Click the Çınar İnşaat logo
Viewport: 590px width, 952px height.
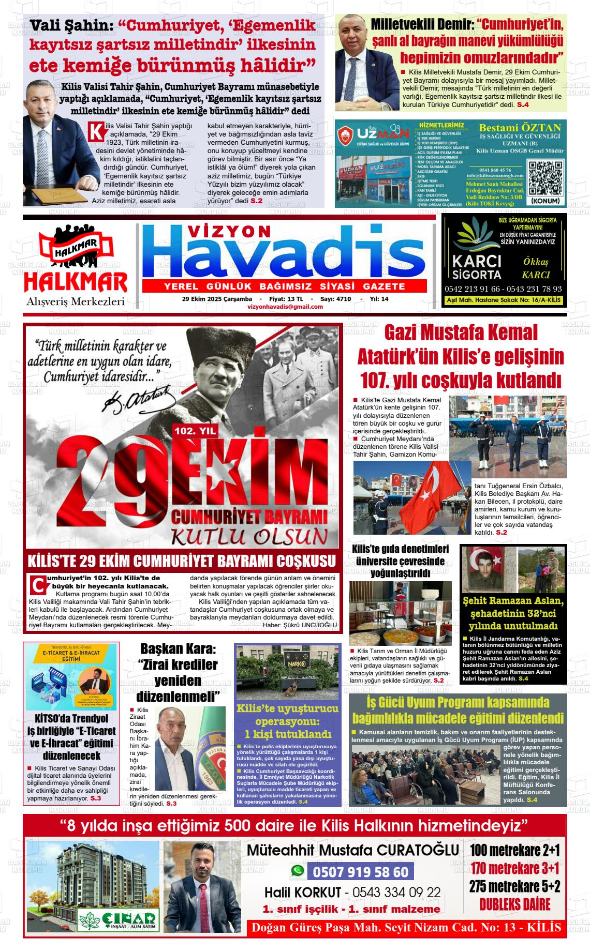click(117, 918)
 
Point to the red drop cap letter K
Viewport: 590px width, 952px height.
click(96, 131)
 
